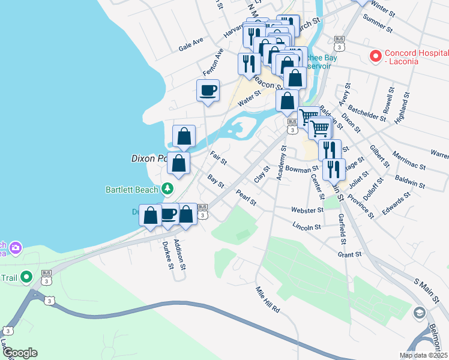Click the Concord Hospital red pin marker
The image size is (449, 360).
[376, 56]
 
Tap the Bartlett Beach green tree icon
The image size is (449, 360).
[168, 190]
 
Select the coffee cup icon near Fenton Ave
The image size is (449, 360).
[208, 91]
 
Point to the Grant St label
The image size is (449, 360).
[349, 254]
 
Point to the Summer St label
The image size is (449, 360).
[378, 25]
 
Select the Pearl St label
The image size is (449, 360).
[246, 196]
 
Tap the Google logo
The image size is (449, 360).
[20, 353]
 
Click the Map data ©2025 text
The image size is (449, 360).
[423, 355]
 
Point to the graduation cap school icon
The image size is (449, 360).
[419, 313]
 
